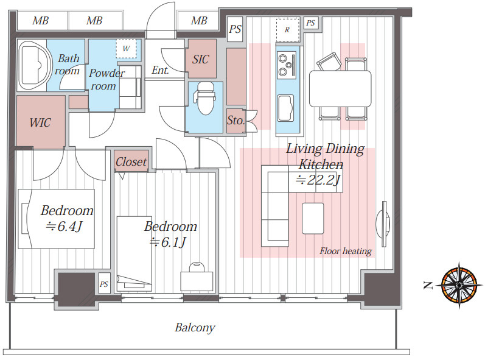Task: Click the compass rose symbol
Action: point(459,285)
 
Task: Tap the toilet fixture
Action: point(204,98)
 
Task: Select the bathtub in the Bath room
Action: point(34,65)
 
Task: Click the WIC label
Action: point(40,122)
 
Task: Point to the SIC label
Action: point(200,59)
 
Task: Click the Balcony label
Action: point(195,328)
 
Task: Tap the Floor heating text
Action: point(346,251)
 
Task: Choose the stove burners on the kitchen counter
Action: point(287,65)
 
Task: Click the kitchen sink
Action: point(285,108)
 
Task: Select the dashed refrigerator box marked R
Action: point(288,30)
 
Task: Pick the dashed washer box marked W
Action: point(126,49)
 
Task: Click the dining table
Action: point(340,89)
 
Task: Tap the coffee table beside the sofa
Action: point(313,219)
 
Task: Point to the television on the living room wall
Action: point(383,224)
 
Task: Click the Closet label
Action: point(131,161)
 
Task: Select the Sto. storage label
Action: point(236,121)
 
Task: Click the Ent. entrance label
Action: point(160,70)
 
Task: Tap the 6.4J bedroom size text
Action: point(65,226)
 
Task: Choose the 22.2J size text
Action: point(318,180)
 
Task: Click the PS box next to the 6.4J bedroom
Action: point(104,284)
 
